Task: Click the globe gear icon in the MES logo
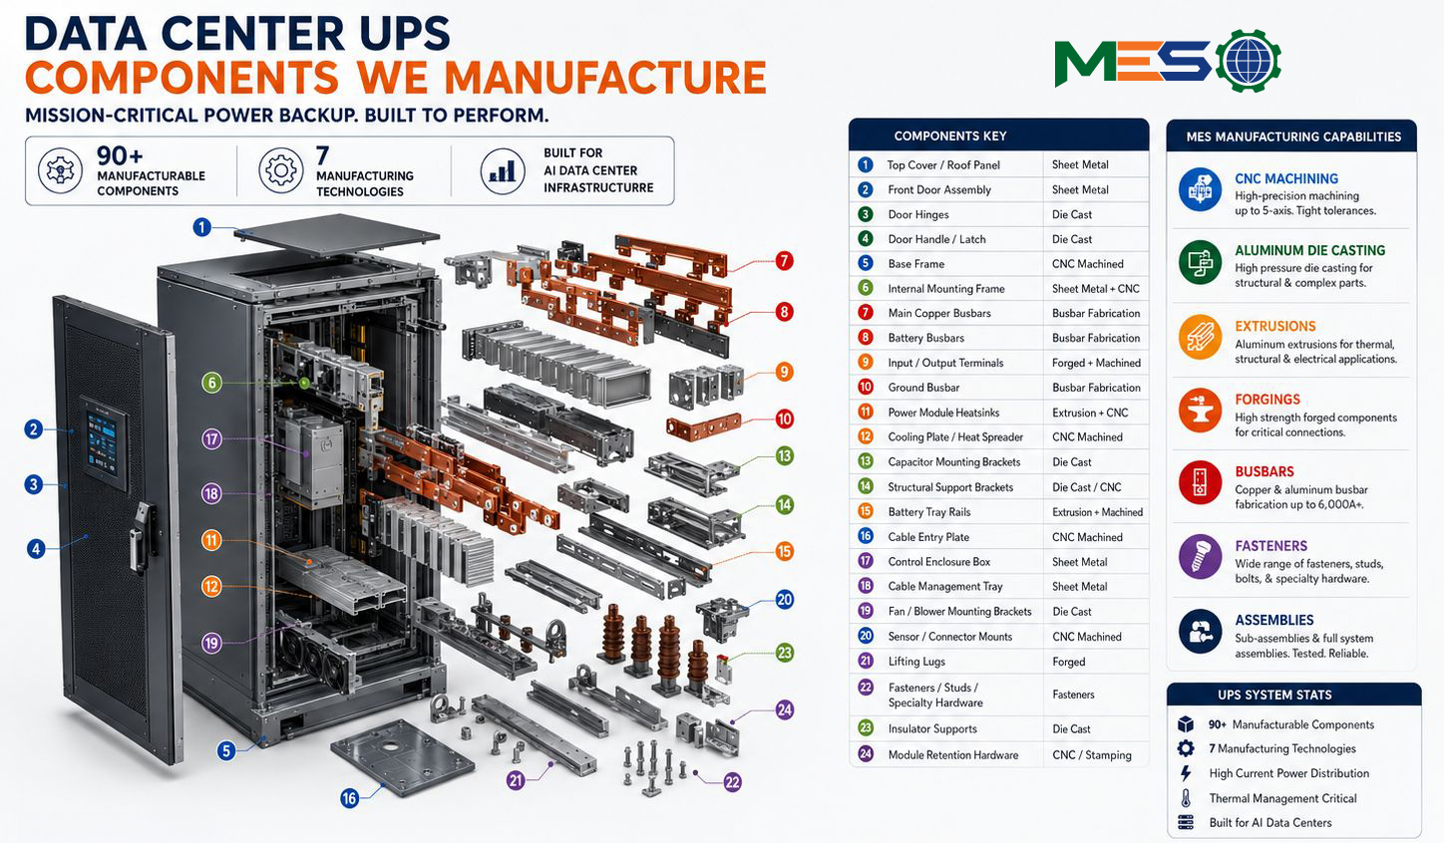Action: point(1249,61)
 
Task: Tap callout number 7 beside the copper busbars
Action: point(784,261)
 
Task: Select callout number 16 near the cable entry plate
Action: point(349,798)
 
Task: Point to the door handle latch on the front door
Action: point(143,538)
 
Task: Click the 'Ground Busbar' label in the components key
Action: point(923,387)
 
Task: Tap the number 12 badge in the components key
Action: point(866,436)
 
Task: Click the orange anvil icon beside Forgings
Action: point(1200,410)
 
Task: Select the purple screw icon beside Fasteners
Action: point(1200,556)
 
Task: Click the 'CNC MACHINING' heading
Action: point(1286,178)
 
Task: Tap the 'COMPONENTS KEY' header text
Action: point(950,136)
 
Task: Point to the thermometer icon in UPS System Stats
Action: point(1186,798)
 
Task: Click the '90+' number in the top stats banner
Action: point(120,155)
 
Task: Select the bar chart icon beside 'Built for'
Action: point(503,170)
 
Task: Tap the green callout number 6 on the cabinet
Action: point(211,383)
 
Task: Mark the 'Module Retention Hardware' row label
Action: point(952,754)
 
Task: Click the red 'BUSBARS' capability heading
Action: point(1264,471)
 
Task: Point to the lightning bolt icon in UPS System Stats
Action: point(1186,773)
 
